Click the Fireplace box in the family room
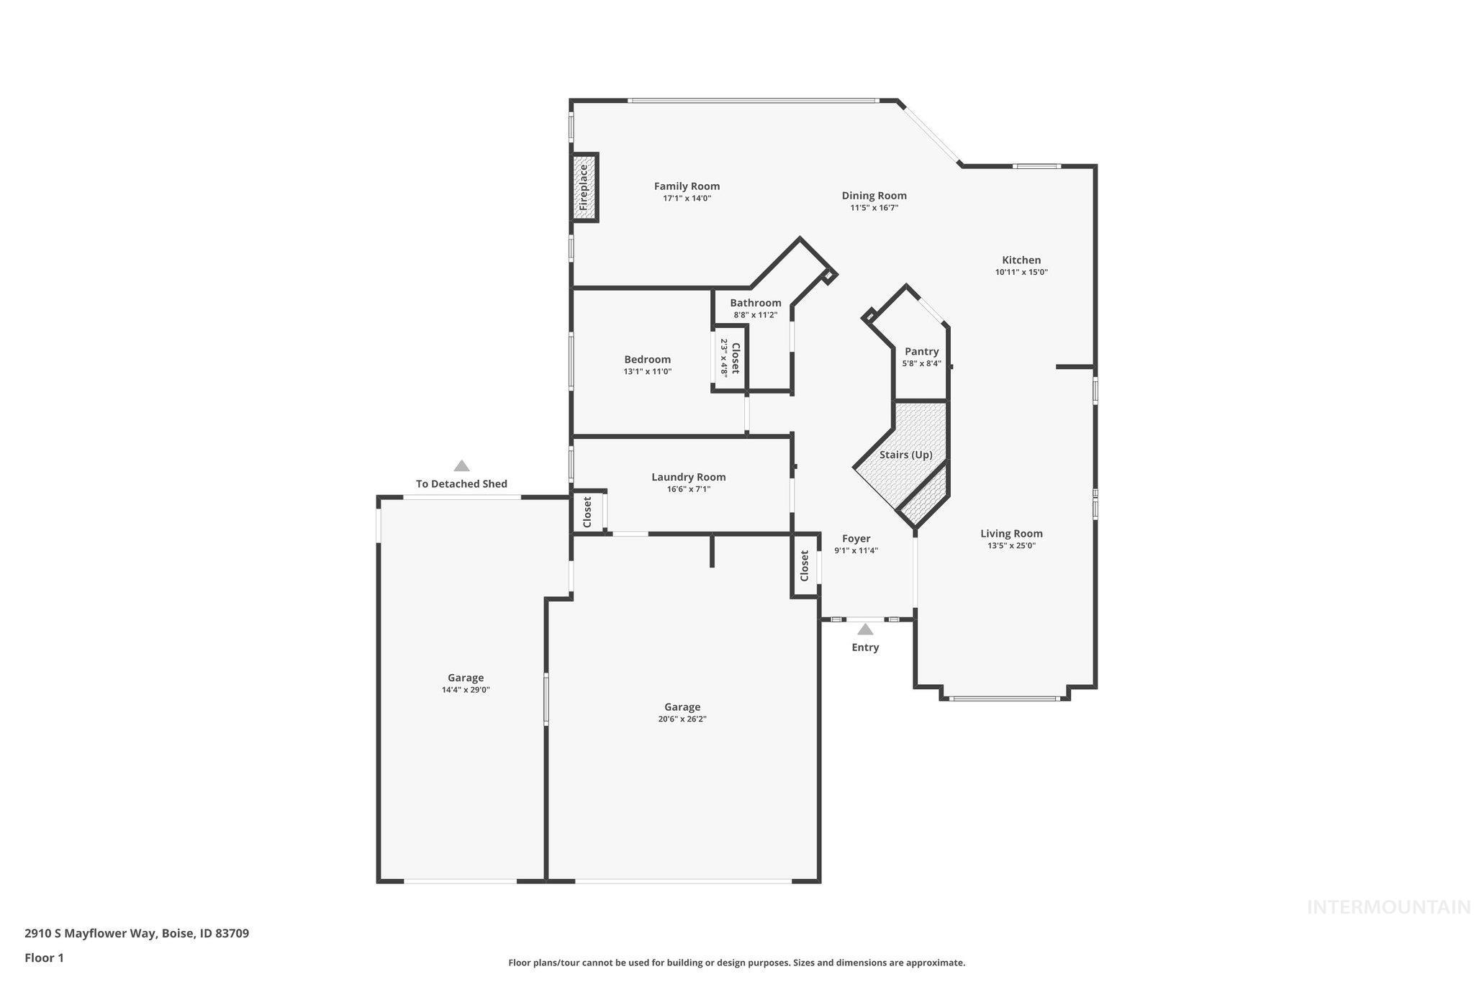pos(584,187)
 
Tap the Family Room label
pos(687,186)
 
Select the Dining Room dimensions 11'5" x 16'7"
pos(874,208)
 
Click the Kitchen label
pos(1021,260)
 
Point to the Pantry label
pos(921,352)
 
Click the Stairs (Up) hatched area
pos(905,455)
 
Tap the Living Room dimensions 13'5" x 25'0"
pos(1011,546)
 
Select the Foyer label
pos(856,539)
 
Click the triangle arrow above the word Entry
pos(865,629)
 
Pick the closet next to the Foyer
pos(805,565)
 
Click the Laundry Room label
pos(688,477)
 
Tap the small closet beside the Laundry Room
pos(587,512)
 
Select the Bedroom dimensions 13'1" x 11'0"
pos(647,372)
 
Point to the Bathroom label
pos(755,303)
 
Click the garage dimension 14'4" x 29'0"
pos(466,690)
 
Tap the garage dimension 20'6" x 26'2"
pos(682,719)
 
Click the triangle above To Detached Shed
pos(461,466)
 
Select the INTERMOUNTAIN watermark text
pos(1388,907)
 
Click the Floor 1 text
pos(44,958)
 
